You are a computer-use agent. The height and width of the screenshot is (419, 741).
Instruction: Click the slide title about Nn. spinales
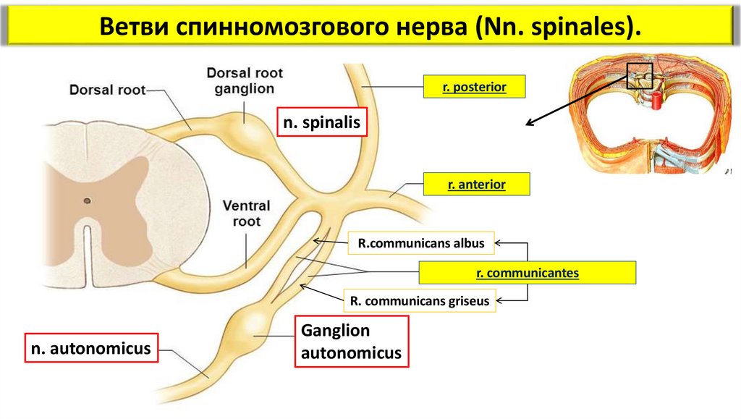point(370,27)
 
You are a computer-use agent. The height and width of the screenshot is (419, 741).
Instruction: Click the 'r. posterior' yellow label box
point(473,88)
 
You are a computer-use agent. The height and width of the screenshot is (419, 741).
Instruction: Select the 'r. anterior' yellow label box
point(476,185)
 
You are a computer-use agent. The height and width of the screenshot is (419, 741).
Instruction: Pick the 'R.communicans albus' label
point(421,243)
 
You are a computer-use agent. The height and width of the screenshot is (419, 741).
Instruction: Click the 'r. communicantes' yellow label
point(528,273)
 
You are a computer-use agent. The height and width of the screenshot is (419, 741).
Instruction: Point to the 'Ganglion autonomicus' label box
point(351,342)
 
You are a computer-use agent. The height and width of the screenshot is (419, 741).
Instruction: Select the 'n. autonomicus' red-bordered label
point(90,348)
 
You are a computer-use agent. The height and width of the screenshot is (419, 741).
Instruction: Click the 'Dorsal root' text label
point(107,90)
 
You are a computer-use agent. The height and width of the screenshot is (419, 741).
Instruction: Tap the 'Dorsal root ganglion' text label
point(245,80)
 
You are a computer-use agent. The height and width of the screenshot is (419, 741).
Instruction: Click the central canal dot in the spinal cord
point(87,200)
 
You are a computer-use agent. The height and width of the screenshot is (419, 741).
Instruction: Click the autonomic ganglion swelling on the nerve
point(255,327)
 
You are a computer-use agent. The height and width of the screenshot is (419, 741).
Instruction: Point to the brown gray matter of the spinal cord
point(127,181)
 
